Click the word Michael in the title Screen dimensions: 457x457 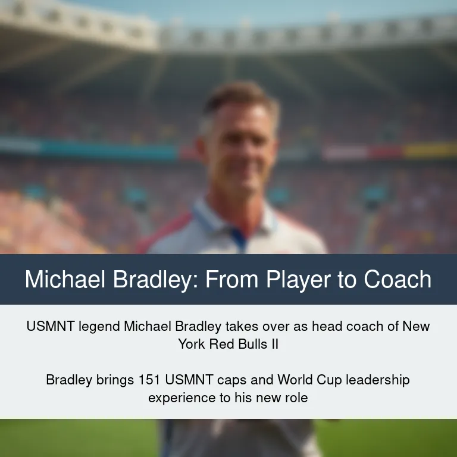click(65, 279)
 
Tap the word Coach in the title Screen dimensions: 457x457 click(397, 279)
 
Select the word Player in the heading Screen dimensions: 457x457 click(298, 280)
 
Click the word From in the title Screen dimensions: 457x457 click(232, 279)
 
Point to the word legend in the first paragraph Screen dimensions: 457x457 click(99, 327)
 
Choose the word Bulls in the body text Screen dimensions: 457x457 click(253, 344)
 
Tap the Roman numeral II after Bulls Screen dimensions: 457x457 click(275, 344)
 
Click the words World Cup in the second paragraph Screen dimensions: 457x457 click(309, 380)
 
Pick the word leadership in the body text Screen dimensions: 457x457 click(378, 380)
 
